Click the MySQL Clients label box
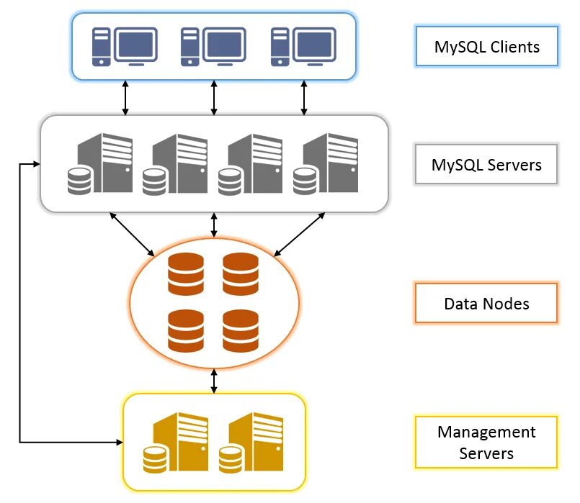click(487, 47)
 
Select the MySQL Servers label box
click(487, 165)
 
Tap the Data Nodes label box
click(486, 303)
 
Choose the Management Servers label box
click(486, 443)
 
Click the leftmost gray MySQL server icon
click(101, 165)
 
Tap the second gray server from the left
click(177, 165)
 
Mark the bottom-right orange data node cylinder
click(241, 330)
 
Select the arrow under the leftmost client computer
click(125, 97)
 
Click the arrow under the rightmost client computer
click(303, 97)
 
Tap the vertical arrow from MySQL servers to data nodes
click(214, 225)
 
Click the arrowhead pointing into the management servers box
click(118, 440)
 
